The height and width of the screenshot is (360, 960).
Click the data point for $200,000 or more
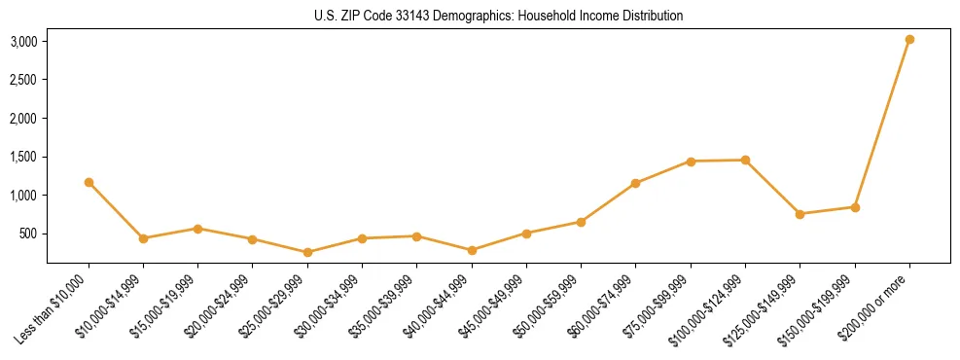(909, 40)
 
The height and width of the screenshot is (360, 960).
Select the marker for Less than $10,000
(89, 182)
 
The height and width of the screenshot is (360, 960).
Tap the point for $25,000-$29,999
(307, 252)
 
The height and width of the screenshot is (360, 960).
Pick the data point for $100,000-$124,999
(745, 160)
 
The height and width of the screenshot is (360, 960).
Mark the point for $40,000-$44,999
(472, 250)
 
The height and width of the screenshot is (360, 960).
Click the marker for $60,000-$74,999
(635, 183)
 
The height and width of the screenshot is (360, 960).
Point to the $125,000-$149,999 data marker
(800, 214)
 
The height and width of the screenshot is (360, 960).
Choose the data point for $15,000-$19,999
(197, 229)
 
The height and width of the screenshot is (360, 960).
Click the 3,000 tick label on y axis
(24, 41)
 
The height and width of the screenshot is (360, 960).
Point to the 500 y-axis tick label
(28, 234)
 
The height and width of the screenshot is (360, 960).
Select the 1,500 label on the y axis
(24, 157)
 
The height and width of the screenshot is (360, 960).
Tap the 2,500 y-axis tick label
(24, 80)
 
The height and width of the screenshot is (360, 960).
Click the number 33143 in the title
(398, 16)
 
